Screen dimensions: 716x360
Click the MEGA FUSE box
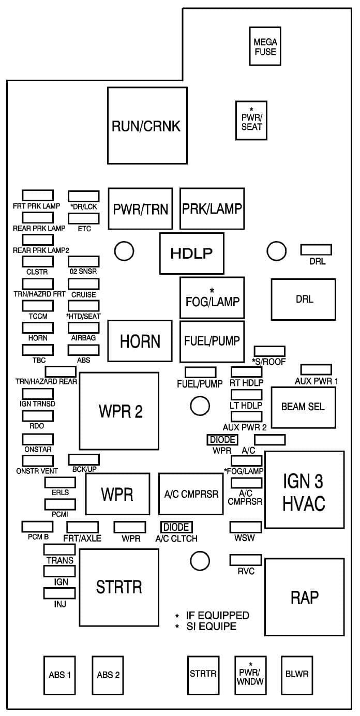click(265, 46)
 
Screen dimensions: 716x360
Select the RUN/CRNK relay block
click(147, 125)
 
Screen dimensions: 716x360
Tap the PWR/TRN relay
click(140, 208)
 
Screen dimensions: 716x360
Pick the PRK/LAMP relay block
click(212, 208)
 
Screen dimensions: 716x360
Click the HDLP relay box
click(191, 253)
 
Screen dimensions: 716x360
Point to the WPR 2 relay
click(118, 411)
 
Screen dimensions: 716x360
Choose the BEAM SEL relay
click(303, 407)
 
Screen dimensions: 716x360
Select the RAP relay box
click(304, 598)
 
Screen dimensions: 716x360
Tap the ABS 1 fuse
click(60, 675)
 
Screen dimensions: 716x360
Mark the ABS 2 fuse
click(109, 675)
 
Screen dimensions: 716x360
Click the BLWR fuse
click(297, 674)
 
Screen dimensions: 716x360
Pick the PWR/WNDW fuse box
click(250, 675)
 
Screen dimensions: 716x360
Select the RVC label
click(246, 571)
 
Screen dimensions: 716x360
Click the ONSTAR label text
click(38, 450)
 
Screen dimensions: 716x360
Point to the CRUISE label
click(84, 294)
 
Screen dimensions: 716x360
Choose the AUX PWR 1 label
click(317, 381)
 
